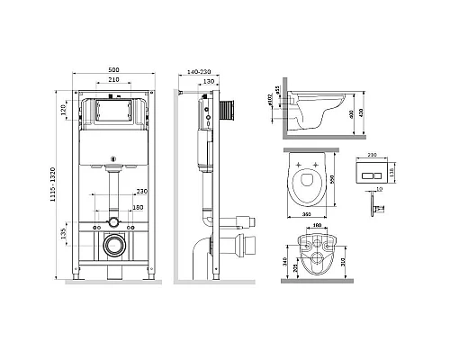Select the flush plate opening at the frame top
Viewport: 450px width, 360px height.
click(x=113, y=114)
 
